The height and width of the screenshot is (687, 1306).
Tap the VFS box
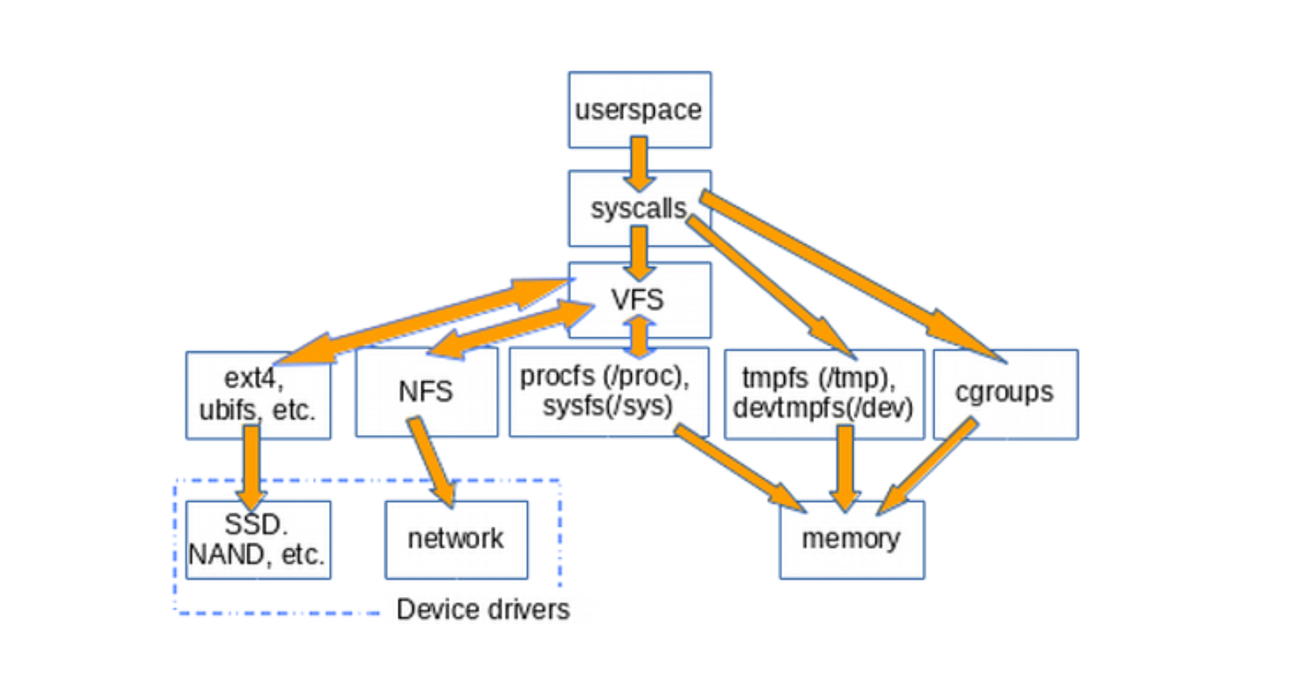(x=639, y=300)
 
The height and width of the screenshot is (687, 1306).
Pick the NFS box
(x=426, y=391)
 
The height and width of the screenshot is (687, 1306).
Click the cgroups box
(x=1005, y=394)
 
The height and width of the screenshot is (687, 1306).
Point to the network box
(x=456, y=540)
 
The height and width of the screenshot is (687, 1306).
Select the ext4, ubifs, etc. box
(x=258, y=395)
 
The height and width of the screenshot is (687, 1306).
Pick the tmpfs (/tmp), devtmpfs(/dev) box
(x=823, y=394)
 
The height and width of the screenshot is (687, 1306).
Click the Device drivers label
(x=483, y=610)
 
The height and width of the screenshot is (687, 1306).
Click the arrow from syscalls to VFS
(x=639, y=252)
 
